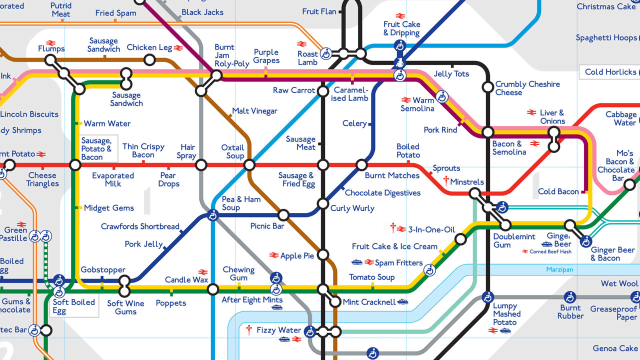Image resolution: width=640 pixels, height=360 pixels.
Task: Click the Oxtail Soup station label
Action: tap(232, 151)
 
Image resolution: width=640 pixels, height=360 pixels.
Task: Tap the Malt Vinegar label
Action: tap(254, 111)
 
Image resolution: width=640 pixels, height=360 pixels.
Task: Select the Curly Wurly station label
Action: tap(352, 208)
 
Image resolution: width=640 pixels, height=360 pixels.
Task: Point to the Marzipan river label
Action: tap(559, 270)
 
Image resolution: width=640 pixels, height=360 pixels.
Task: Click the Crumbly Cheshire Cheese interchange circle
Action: tap(487, 87)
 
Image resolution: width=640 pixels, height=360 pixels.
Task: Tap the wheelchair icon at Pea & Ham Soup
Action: tap(213, 215)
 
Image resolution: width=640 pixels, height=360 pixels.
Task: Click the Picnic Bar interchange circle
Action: tap(283, 215)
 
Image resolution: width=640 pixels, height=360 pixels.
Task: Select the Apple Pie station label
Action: tap(297, 256)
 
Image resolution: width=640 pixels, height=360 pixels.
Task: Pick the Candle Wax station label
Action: tap(186, 279)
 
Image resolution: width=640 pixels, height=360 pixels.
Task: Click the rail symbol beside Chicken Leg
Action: tap(178, 48)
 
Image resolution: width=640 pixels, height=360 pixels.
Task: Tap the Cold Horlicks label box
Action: tap(610, 72)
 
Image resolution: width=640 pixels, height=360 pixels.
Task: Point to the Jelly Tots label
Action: tap(451, 74)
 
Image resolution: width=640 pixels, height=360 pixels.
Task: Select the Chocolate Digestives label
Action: tap(382, 193)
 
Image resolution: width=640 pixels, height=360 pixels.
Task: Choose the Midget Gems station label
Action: tap(108, 208)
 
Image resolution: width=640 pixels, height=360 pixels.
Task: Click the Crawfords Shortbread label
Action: tap(140, 226)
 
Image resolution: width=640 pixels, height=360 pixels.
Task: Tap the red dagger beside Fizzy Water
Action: tap(248, 330)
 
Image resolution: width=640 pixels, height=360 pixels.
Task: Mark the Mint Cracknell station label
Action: tap(369, 302)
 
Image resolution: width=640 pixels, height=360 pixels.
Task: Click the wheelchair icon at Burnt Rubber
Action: tap(570, 297)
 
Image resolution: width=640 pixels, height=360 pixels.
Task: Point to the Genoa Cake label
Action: tap(614, 348)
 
